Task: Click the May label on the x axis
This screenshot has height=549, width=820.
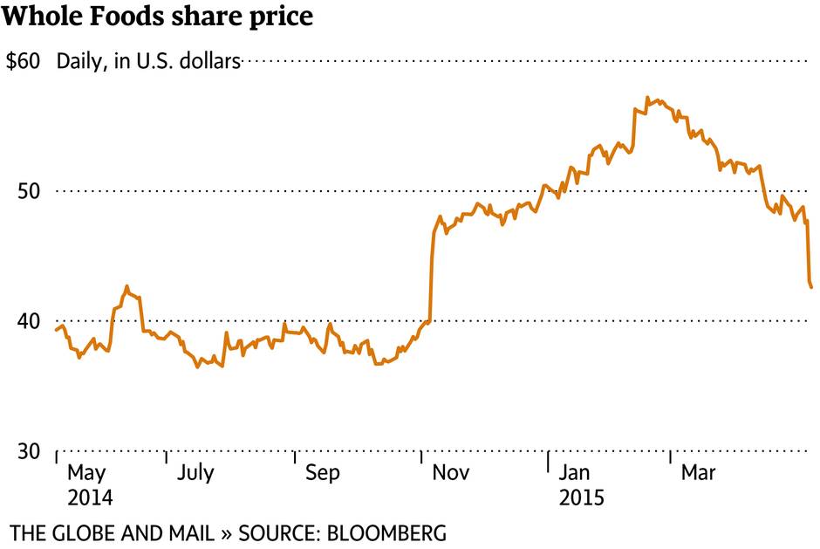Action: click(x=86, y=474)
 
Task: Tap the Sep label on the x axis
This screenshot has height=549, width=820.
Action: click(x=323, y=474)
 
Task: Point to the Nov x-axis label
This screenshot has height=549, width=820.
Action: click(x=452, y=474)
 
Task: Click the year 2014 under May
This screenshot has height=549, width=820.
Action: click(x=90, y=498)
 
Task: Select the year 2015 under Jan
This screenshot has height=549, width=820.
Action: click(x=582, y=498)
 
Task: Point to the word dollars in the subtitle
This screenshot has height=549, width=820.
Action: click(x=209, y=62)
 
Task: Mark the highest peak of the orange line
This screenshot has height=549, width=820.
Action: click(x=647, y=97)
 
